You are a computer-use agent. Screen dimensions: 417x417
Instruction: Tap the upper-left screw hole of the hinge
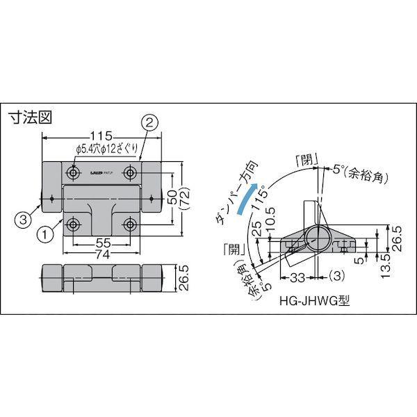coord(72,172)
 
